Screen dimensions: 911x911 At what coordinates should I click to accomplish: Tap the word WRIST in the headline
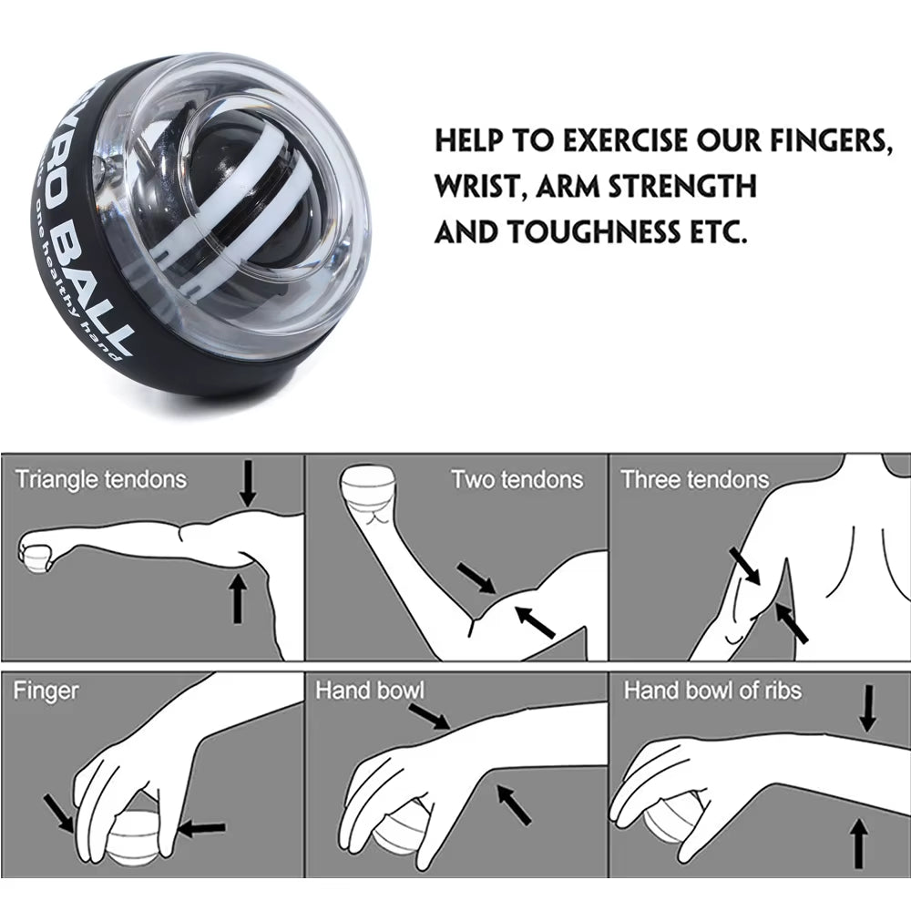[x=479, y=187]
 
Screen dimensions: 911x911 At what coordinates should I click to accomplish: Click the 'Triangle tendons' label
[x=100, y=479]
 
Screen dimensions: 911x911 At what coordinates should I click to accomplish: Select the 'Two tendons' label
[x=517, y=479]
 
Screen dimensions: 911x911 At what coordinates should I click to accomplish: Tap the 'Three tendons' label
[x=694, y=479]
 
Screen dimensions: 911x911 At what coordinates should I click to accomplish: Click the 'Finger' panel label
[x=46, y=691]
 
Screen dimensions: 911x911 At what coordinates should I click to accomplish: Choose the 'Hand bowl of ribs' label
[x=712, y=691]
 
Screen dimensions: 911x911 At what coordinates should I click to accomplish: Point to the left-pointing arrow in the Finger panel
[x=202, y=828]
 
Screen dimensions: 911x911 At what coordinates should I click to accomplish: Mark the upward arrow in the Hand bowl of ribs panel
[x=856, y=844]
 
